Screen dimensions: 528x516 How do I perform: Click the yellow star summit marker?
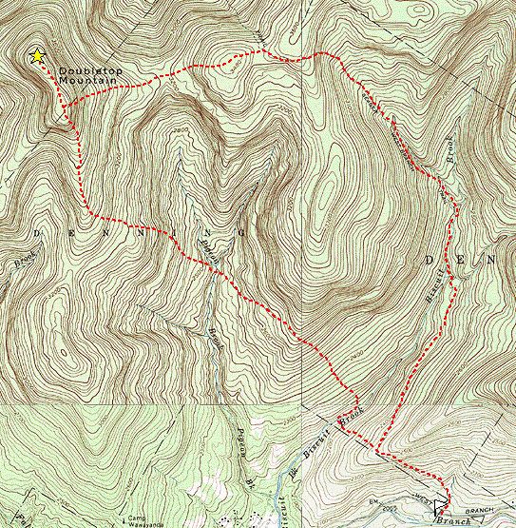point(37,56)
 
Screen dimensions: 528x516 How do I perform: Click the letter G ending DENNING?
point(244,232)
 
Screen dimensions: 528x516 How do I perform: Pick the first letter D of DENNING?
point(39,231)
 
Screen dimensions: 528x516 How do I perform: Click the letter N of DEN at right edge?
point(491,259)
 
